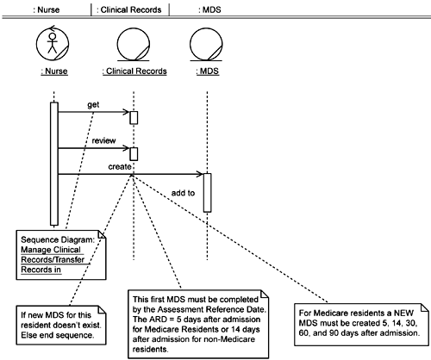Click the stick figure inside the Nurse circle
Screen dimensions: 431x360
53,43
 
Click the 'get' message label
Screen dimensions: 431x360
93,105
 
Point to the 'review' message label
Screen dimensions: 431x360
103,140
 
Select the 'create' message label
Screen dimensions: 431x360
120,167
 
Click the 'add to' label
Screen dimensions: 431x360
183,193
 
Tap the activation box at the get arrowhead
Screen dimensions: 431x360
134,118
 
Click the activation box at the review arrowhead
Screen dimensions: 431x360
134,154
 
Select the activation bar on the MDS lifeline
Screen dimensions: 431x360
207,193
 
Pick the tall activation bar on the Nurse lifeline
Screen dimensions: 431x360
54,164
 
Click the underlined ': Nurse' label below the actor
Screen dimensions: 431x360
54,71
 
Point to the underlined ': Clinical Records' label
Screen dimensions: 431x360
134,71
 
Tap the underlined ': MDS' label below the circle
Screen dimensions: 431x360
208,71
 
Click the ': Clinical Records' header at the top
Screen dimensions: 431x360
129,10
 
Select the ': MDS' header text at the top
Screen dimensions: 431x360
209,10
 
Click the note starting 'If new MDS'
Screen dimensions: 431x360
61,326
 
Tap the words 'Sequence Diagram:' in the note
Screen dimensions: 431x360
58,239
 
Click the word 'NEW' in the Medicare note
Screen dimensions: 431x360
403,313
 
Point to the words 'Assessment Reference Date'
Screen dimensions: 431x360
211,309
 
